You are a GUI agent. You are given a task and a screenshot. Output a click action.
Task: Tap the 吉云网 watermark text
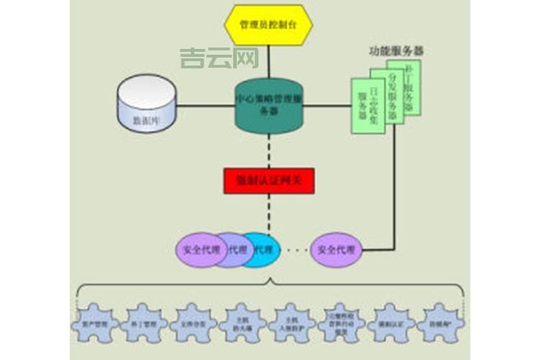[209, 57]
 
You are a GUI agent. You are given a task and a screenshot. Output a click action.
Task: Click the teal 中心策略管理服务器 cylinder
[268, 107]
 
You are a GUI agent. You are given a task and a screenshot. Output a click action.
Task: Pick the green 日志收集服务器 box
[366, 110]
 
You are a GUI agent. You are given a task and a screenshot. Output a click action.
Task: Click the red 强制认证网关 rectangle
[269, 179]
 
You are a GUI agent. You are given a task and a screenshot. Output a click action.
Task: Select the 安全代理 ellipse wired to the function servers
[336, 251]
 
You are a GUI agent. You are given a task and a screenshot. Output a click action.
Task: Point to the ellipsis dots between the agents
[294, 251]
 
